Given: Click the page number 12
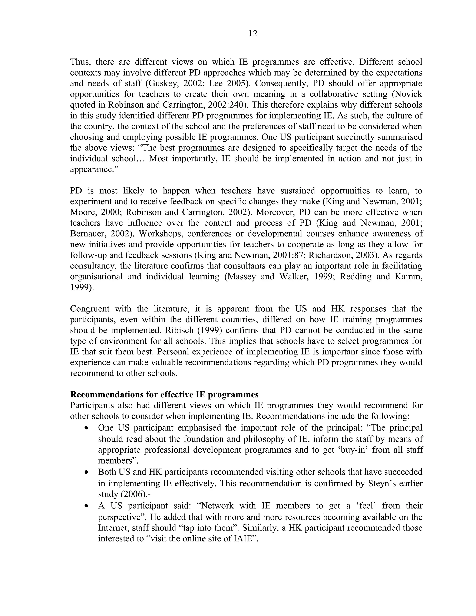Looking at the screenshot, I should point(253,33).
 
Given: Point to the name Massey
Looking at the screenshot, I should point(242,277).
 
